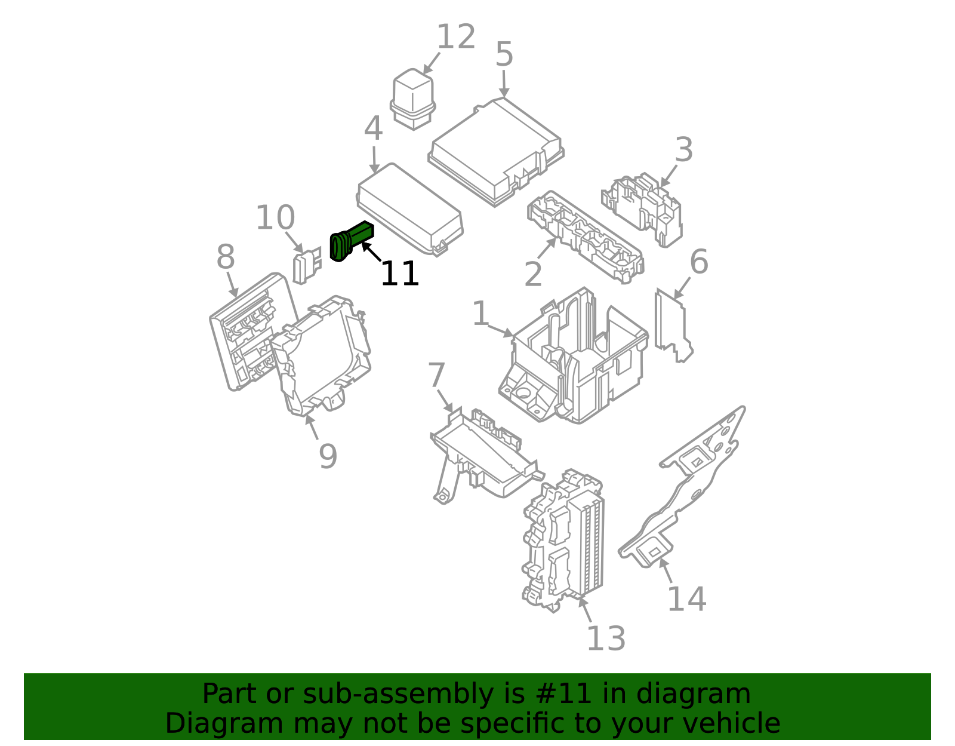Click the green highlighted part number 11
coord(351,241)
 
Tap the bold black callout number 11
coord(399,274)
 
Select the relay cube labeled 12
coord(412,99)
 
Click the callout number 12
coord(456,37)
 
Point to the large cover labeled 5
coord(495,152)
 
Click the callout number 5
coord(504,55)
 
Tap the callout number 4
coord(373,129)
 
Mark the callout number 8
coord(225,258)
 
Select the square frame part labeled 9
coord(322,358)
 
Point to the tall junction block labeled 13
coord(564,538)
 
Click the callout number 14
coord(686,599)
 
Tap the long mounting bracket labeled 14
coord(686,490)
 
